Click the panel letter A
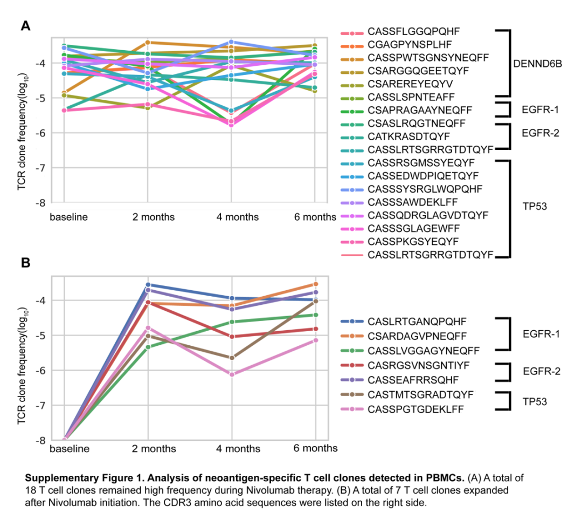(x=25, y=25)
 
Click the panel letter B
(x=25, y=263)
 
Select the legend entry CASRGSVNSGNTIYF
(x=419, y=365)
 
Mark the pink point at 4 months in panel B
(x=232, y=374)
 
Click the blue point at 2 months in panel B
(x=148, y=284)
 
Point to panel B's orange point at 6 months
(x=315, y=284)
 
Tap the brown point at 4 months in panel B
(x=232, y=358)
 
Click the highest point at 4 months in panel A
(x=232, y=42)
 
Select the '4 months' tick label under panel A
(x=232, y=217)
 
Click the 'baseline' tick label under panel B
(x=70, y=448)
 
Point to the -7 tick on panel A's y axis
(x=41, y=168)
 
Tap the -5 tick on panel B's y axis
(x=41, y=335)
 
